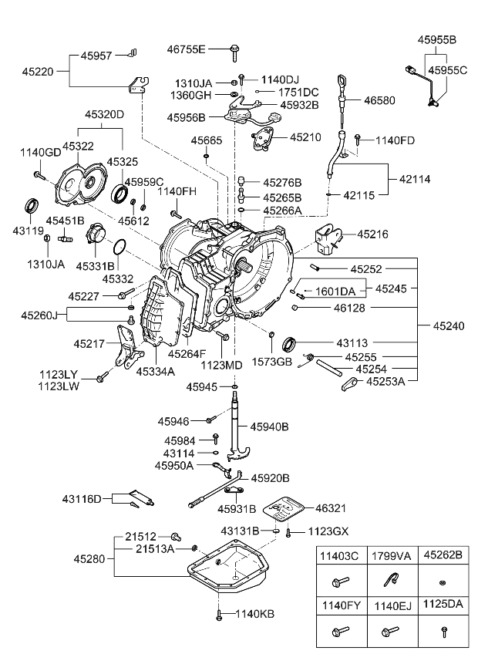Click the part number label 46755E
click(x=187, y=50)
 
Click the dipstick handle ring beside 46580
click(x=340, y=80)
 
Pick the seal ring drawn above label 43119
click(x=31, y=207)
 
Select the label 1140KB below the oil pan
click(x=254, y=614)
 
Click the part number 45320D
click(x=103, y=114)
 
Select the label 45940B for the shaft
click(x=268, y=426)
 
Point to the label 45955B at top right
click(x=437, y=39)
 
